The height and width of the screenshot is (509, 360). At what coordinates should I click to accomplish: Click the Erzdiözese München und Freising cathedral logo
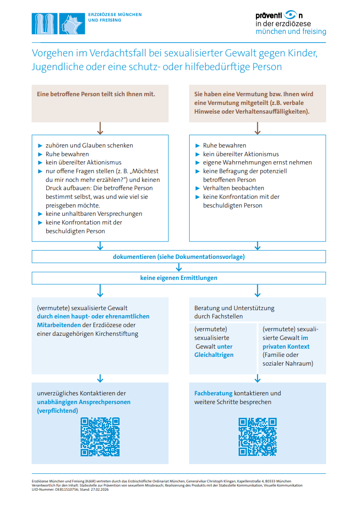58,23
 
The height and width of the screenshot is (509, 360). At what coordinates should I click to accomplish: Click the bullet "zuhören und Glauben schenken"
89,146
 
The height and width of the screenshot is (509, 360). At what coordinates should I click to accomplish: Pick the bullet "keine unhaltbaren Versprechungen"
93,214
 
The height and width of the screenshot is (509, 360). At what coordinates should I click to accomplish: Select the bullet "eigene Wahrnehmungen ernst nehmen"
257,163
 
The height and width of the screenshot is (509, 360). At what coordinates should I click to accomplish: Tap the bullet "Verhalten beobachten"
233,188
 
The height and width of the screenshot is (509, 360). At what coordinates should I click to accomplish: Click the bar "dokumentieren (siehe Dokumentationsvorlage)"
179,257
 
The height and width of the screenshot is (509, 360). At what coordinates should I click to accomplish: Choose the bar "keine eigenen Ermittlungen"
179,278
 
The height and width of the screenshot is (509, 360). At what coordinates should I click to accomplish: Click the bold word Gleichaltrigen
214,355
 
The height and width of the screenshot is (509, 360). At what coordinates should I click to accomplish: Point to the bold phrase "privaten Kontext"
286,347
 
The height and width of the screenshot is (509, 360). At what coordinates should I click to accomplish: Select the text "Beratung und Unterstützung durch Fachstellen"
234,312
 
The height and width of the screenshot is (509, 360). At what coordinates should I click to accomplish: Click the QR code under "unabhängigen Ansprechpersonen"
100,437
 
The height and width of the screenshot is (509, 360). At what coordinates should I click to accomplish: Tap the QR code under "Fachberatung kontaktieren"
257,437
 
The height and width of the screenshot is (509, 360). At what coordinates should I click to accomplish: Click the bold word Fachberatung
213,394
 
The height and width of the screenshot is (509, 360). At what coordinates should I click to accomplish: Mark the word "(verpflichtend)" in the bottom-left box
57,411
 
